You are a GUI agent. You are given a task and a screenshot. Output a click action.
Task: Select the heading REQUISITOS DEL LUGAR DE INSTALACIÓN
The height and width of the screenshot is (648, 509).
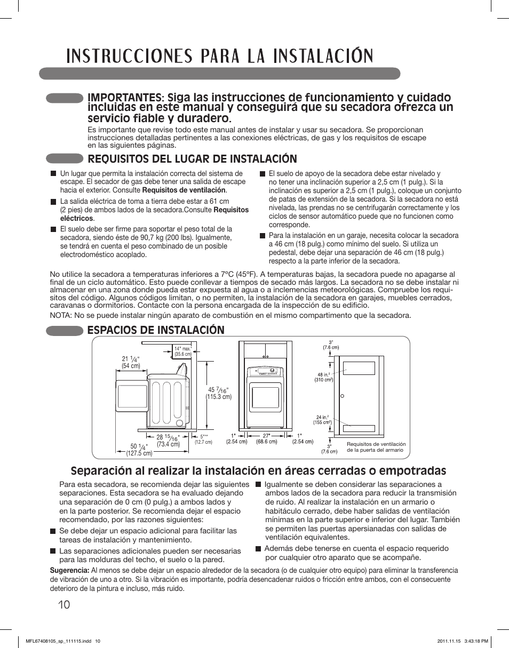coord(192,158)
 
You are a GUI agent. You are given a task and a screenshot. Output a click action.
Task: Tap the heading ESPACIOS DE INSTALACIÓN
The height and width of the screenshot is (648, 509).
coord(156,330)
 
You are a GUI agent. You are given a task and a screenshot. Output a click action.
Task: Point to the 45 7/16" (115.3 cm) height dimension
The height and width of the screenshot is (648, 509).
coord(219,393)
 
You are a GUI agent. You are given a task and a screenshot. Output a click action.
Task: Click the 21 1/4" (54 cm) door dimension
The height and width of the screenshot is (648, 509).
coord(131,362)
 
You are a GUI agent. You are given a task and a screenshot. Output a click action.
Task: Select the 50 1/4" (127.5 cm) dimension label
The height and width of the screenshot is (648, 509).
coord(139,450)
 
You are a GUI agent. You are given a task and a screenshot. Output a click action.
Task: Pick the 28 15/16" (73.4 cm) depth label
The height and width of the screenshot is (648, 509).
coord(168,441)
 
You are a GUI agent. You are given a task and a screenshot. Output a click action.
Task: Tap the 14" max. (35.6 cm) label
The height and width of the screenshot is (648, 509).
coord(183,351)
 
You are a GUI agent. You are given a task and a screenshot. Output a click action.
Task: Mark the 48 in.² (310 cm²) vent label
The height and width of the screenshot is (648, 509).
coord(324,376)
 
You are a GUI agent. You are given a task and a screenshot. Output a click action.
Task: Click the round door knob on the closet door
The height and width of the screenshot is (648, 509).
coord(341,396)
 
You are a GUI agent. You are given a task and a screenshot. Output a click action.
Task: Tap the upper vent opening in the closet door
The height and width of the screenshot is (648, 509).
coord(360,368)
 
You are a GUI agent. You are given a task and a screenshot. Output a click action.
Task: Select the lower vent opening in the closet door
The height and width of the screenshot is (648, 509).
coord(360,428)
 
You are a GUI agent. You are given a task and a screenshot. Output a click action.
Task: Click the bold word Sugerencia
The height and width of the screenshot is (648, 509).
coord(69,570)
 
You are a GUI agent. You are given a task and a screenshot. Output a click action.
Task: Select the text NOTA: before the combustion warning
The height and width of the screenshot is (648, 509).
coord(61,315)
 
